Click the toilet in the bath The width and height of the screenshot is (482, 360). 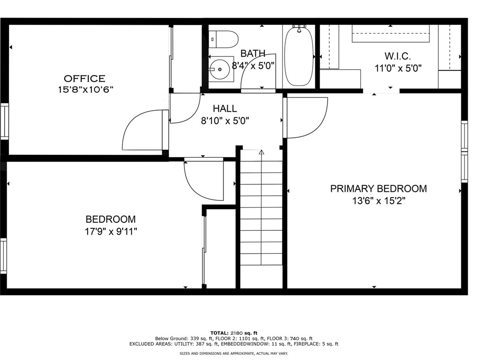[224, 39]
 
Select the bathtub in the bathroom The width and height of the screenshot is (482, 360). [299, 57]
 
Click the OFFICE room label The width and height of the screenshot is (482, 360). [85, 78]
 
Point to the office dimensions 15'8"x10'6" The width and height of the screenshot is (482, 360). [86, 90]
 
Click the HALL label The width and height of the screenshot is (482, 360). [225, 108]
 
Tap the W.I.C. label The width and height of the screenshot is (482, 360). [397, 56]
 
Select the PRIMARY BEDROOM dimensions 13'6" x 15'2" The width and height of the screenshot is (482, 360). [379, 201]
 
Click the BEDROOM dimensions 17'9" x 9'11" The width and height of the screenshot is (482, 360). [111, 231]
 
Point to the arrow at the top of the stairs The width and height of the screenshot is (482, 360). [261, 152]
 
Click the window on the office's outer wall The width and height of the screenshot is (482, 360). [4, 121]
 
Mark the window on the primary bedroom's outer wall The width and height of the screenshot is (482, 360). [464, 152]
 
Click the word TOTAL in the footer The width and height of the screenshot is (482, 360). [220, 333]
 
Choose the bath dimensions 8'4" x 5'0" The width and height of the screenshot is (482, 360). [253, 66]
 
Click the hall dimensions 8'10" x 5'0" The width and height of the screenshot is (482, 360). [225, 121]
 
